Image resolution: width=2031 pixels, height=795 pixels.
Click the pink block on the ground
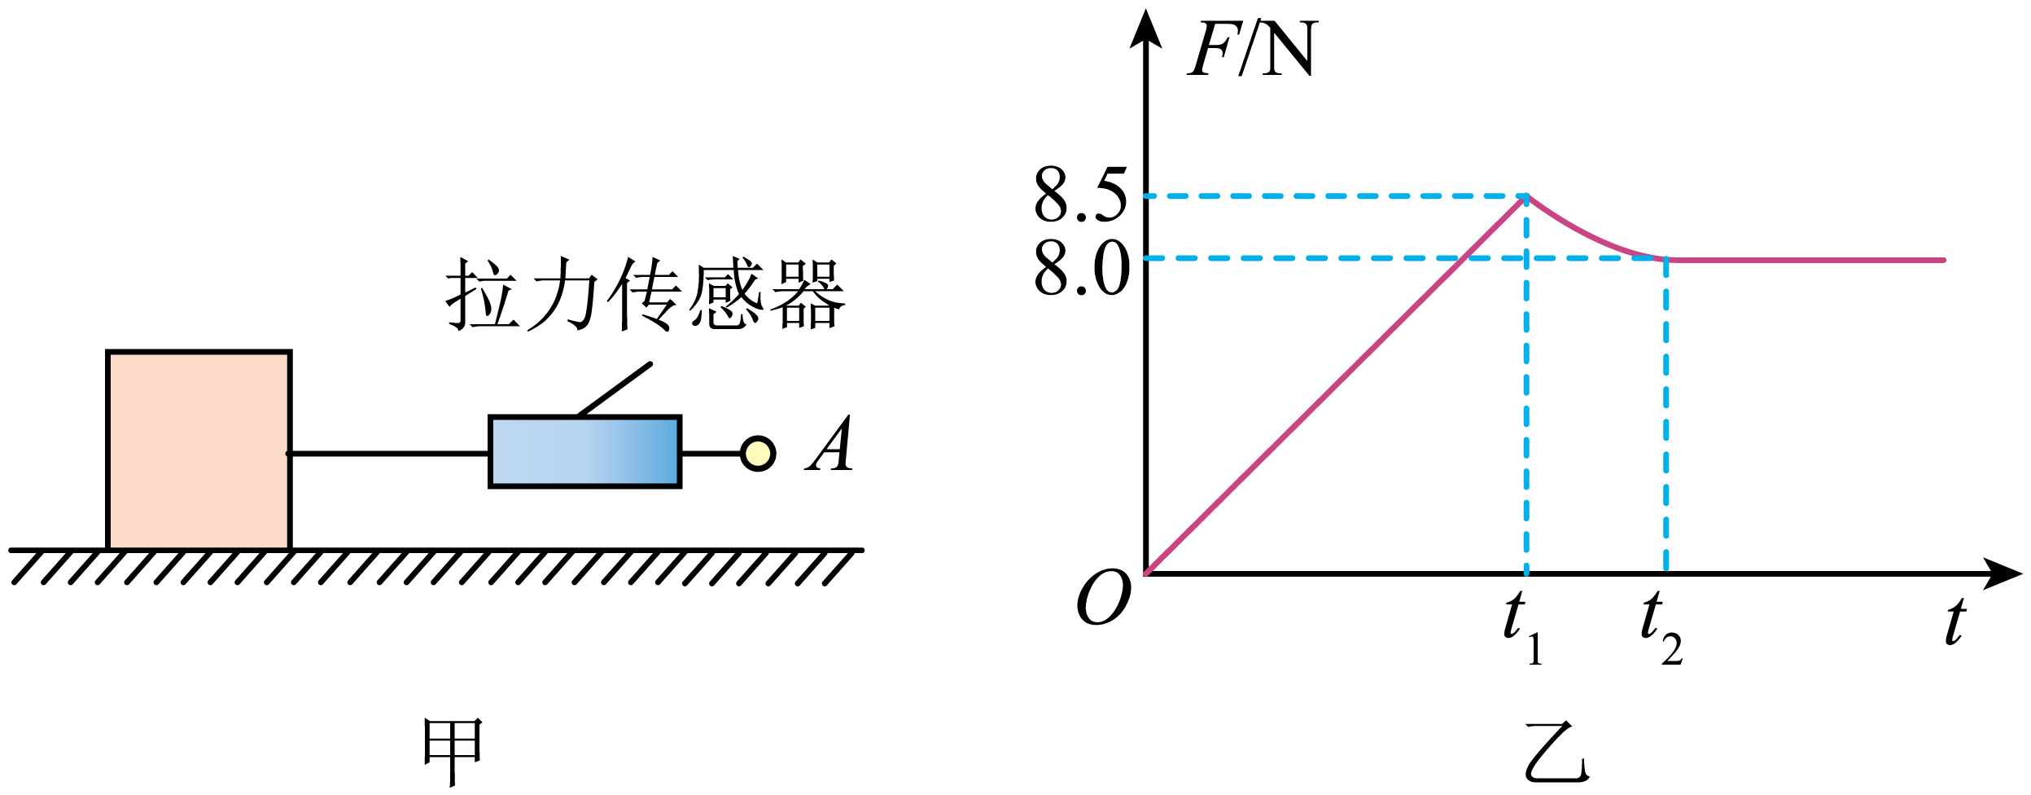(x=199, y=450)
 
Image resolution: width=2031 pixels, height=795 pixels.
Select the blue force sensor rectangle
(x=584, y=452)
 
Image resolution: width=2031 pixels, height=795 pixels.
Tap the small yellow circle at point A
(x=758, y=454)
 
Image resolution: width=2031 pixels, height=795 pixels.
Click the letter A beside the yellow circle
(x=829, y=444)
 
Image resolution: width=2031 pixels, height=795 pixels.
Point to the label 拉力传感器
(x=646, y=294)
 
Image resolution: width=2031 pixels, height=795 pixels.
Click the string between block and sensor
(x=389, y=454)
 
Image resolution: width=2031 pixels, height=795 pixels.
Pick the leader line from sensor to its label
(x=615, y=389)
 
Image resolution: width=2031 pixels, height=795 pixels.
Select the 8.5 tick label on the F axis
(x=1080, y=195)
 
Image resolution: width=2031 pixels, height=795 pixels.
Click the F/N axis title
(x=1251, y=48)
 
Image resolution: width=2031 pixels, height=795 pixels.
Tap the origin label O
(x=1104, y=596)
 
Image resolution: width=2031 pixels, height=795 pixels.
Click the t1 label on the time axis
(x=1522, y=628)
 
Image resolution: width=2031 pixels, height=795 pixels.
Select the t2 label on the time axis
(x=1661, y=628)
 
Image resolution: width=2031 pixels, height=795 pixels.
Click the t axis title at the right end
(x=1955, y=622)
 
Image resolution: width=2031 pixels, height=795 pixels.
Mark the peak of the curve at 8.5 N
(x=1526, y=196)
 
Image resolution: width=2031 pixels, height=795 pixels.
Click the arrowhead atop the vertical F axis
(x=1146, y=29)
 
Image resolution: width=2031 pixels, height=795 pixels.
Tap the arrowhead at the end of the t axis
(x=2002, y=574)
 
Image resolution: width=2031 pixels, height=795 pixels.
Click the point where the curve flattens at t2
(x=1666, y=259)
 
